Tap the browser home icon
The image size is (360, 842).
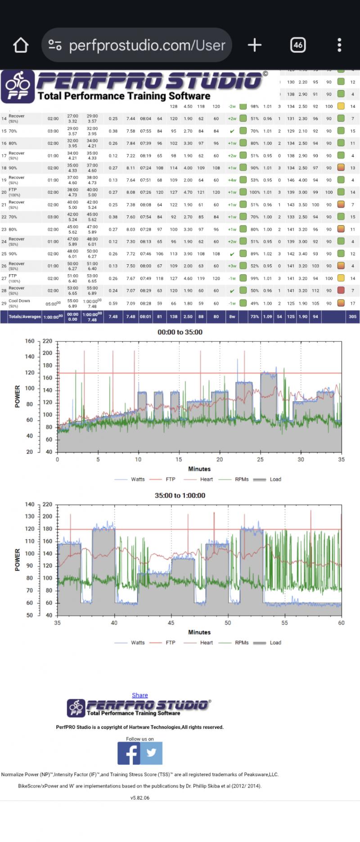(21, 45)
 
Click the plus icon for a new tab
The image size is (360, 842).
(255, 45)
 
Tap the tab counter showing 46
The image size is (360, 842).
(298, 45)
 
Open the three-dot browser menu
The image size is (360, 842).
(339, 45)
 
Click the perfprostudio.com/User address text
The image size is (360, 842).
(147, 45)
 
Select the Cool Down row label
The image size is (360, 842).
(19, 301)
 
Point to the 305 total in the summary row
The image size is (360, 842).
(352, 317)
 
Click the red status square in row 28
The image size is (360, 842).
(342, 290)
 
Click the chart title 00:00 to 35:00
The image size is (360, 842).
(180, 332)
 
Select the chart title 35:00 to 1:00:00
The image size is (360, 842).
(180, 495)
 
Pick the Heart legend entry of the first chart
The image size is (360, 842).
(206, 480)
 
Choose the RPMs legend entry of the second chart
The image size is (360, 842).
(241, 643)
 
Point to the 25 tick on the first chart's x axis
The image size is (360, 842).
(260, 460)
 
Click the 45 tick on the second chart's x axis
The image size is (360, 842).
(171, 623)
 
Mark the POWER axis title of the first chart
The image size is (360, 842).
(18, 396)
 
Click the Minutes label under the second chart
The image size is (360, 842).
(199, 632)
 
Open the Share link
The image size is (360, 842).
(140, 695)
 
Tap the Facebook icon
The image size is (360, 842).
(129, 753)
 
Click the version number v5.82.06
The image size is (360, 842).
(140, 798)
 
